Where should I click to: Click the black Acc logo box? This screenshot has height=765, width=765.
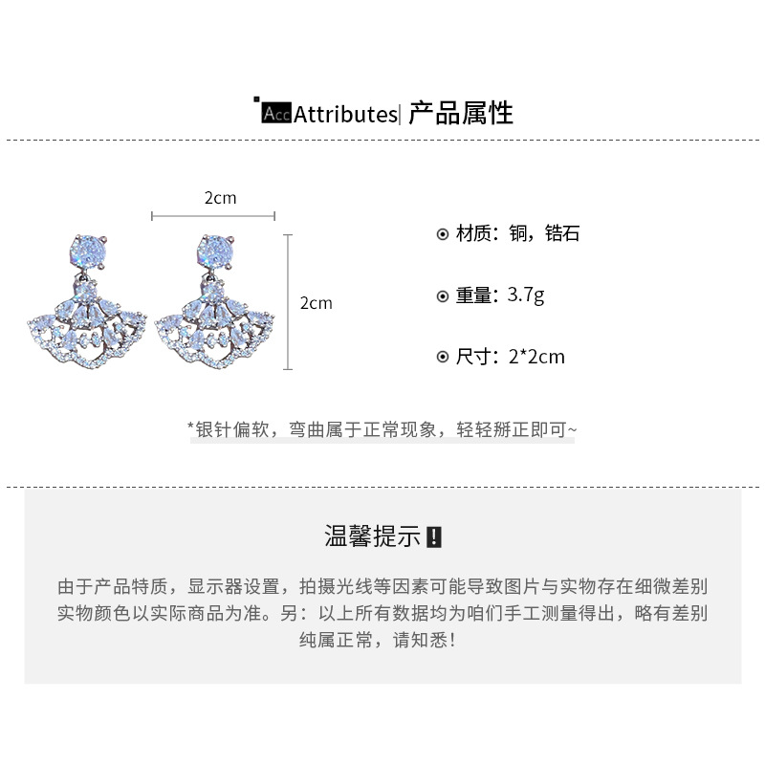click(x=275, y=114)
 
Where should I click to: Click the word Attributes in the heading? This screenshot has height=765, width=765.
click(x=344, y=115)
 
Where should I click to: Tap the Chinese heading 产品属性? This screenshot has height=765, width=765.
click(x=461, y=114)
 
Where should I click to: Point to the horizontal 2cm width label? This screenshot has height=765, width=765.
click(x=220, y=198)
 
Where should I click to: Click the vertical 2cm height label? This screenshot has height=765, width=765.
click(x=316, y=302)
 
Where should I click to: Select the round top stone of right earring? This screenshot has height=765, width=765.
click(x=212, y=251)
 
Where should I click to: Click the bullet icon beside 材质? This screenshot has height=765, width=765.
click(x=442, y=234)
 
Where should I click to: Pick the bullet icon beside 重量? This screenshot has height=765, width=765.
click(x=442, y=296)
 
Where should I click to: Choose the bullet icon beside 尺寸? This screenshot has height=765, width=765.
click(x=442, y=358)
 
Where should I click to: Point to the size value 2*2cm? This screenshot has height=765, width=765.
click(x=536, y=357)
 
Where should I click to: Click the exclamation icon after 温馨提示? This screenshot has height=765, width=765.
click(x=433, y=536)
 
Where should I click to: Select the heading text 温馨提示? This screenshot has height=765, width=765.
click(x=372, y=536)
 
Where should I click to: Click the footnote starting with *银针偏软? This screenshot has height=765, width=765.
click(x=382, y=429)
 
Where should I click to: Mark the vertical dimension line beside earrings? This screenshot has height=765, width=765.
click(x=289, y=301)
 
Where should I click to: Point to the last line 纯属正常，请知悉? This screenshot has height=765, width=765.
click(x=382, y=639)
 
